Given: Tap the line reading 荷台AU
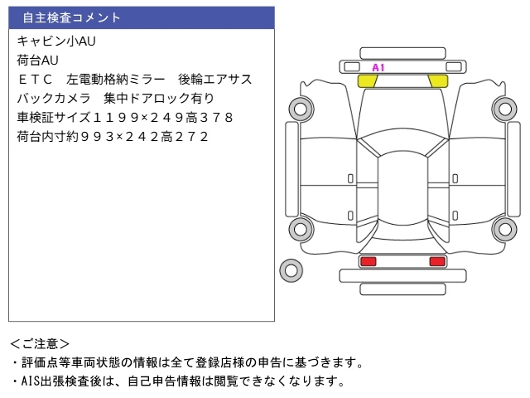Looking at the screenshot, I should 37,60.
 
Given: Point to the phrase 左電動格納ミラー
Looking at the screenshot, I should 113,80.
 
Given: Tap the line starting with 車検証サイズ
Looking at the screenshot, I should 124,118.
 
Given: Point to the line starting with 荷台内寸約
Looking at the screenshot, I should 112,137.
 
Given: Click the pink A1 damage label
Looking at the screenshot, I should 378,68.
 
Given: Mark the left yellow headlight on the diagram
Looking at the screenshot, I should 367,80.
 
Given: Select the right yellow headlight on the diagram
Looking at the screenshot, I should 437,80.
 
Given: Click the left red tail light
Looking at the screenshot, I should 368,262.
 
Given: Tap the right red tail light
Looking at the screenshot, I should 436,262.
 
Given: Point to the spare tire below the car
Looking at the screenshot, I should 291,269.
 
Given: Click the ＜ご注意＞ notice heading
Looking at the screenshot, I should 40,343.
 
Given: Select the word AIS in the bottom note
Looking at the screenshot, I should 31,381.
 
